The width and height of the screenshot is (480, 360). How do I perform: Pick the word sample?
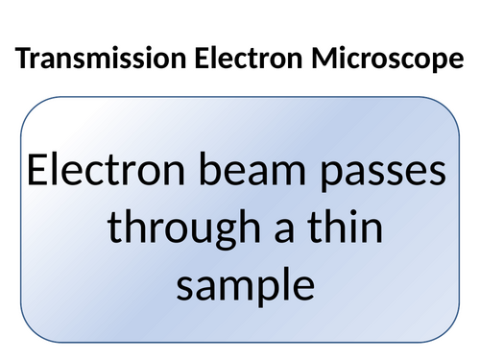click(x=245, y=285)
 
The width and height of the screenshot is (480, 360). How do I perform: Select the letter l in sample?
click(x=286, y=280)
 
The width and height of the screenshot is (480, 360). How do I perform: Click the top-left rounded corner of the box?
click(x=29, y=108)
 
